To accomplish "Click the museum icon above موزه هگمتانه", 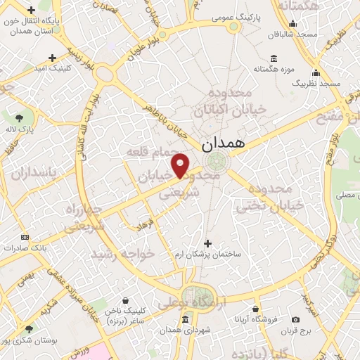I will pyautogui.click(x=273, y=58).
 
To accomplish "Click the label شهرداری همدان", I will pyautogui.click(x=186, y=330).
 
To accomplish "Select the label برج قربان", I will pyautogui.click(x=295, y=330).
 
